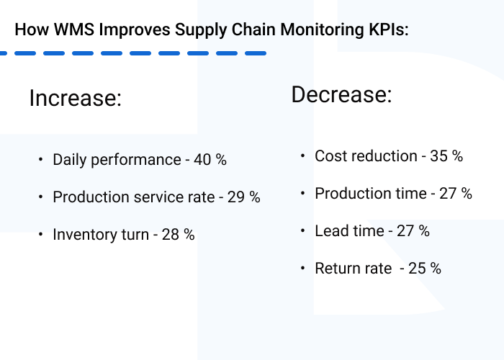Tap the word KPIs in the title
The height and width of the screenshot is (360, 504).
[x=386, y=30]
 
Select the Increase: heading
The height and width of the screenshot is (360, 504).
[x=76, y=98]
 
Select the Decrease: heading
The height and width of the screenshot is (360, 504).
[x=341, y=95]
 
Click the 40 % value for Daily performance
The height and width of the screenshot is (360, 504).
[x=210, y=160]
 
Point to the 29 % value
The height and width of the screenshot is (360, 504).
[x=244, y=197]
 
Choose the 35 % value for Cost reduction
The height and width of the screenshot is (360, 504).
[x=446, y=156]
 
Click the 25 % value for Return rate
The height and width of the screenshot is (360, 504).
[x=425, y=269]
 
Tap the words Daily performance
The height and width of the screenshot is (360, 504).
[x=117, y=160]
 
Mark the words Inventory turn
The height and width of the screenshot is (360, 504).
[x=101, y=235]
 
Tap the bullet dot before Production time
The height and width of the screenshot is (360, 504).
[x=302, y=194]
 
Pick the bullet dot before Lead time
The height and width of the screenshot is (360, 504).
[x=302, y=231]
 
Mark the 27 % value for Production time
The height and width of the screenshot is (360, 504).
[x=456, y=194]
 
